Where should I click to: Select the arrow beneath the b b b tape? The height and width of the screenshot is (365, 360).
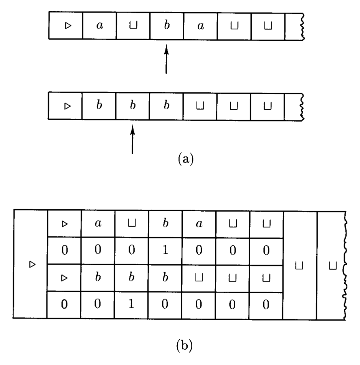coord(132,140)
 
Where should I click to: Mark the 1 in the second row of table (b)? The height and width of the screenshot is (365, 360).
coord(166,251)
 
